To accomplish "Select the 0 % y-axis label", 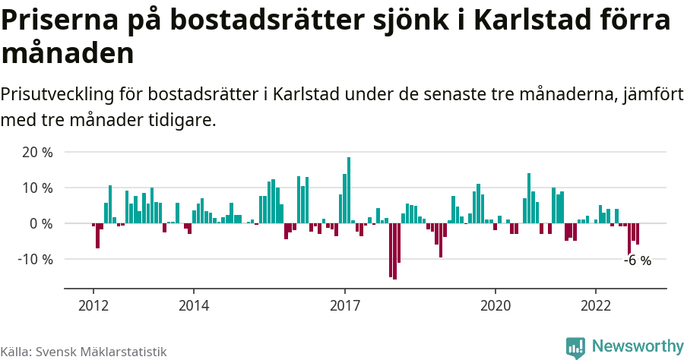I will pos(42,224).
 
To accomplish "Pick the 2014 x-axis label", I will pos(194,305).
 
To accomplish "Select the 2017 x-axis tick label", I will pos(345,305).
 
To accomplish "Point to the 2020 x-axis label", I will pos(496,305).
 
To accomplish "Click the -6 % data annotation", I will pos(638,261).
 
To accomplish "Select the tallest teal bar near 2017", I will pos(349,190).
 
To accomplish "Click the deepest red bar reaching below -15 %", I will pos(394,251).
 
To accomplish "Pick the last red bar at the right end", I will pos(638,234).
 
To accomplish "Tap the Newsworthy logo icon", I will pos(575,347).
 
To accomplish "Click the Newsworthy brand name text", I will pos(637,347).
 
